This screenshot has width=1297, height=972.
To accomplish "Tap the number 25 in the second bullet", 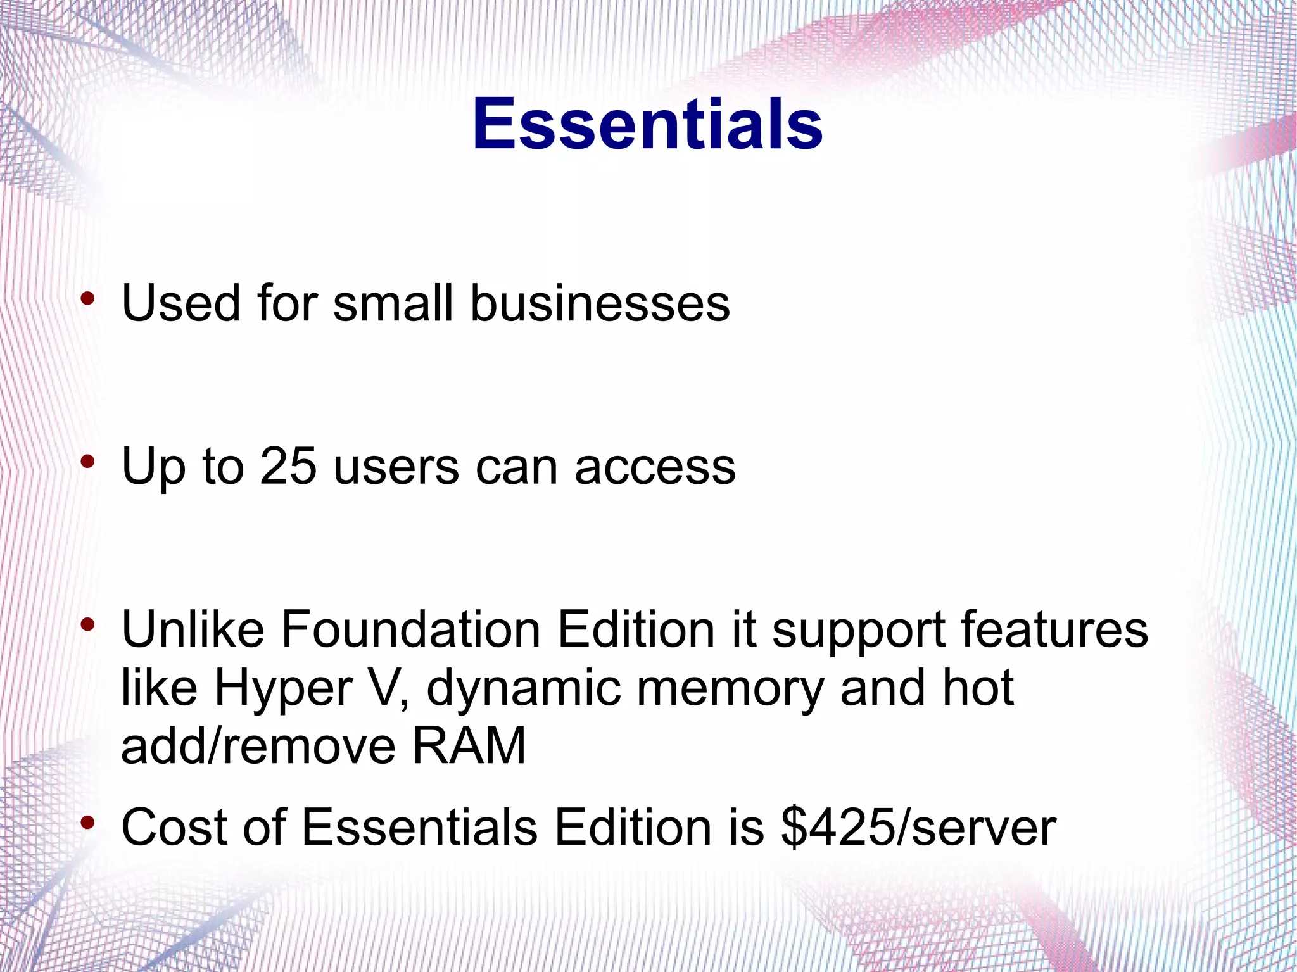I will point(288,467).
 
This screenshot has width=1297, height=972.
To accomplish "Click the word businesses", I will point(599,303).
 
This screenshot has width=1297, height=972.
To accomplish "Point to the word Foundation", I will point(410,630).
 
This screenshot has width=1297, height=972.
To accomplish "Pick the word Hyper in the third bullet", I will point(283,688).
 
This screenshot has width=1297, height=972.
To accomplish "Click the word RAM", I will point(469,746).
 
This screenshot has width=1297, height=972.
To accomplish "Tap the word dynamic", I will point(524,688).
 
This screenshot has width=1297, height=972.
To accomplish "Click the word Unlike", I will point(193,630).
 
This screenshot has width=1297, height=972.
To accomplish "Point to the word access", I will point(655,467).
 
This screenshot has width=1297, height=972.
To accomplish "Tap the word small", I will point(393,303).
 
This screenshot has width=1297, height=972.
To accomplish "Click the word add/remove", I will point(258,746).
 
